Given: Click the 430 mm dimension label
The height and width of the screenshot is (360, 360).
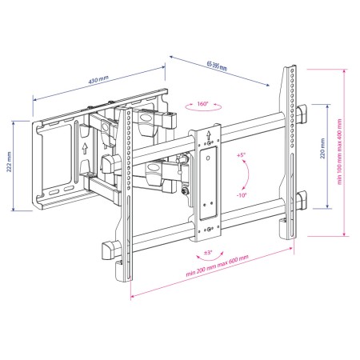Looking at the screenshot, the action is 98,79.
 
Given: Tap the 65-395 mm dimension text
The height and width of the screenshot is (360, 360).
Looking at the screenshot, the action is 217,66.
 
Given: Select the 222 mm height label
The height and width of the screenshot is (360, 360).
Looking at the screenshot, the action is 9,162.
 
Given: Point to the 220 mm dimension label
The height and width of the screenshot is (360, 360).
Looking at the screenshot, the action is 322,149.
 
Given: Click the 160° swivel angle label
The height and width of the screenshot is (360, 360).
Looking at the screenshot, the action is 202,103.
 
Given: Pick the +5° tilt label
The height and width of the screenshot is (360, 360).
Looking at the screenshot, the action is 241,154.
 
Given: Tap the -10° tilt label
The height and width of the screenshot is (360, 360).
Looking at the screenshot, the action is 242,195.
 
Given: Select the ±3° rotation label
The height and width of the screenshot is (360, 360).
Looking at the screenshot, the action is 208,252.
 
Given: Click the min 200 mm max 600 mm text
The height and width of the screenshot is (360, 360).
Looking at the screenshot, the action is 217,266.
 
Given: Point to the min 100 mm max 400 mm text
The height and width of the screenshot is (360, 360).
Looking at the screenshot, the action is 339,151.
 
